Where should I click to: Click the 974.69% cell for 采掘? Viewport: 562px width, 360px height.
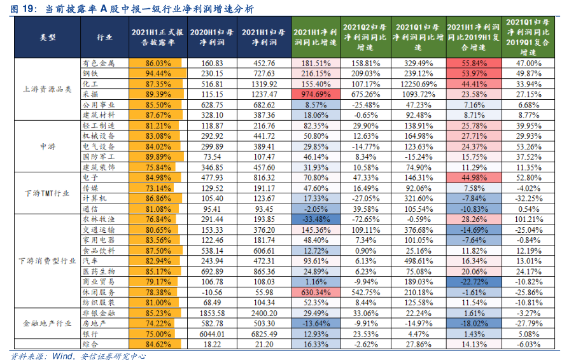pos(316,94)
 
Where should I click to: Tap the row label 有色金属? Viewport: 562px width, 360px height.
pos(99,64)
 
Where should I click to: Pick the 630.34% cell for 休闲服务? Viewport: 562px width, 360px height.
pos(316,293)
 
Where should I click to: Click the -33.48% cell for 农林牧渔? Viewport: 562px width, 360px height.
pos(316,219)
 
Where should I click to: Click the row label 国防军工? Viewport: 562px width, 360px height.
pos(99,156)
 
